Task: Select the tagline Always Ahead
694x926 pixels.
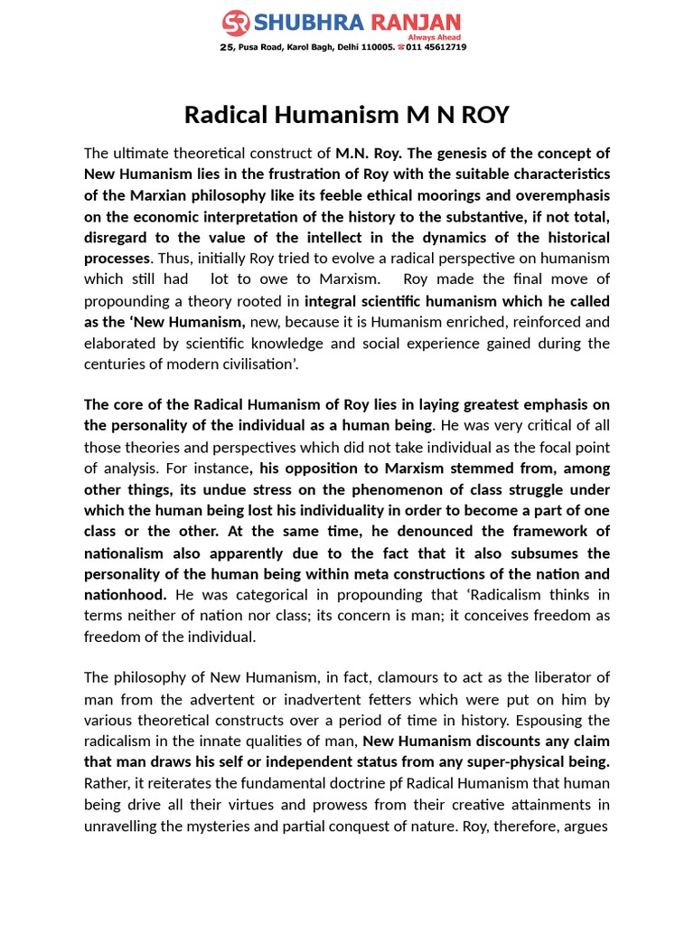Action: click(442, 36)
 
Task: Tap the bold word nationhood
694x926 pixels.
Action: click(125, 594)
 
